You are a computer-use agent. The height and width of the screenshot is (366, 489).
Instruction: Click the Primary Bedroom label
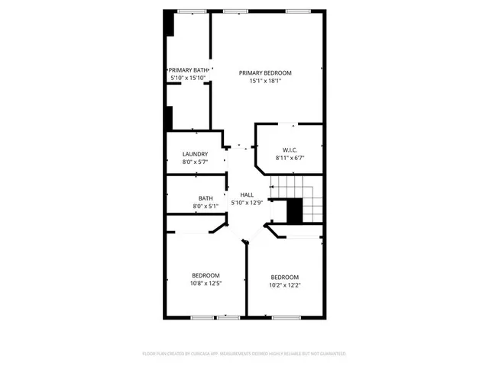[x=265, y=72]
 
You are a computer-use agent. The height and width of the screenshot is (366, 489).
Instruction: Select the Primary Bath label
[x=188, y=70]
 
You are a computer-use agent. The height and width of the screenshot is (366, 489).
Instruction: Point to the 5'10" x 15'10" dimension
[x=188, y=78]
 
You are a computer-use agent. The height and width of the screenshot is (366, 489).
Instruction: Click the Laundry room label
[x=195, y=154]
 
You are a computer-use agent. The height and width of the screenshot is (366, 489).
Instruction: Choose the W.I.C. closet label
[x=290, y=149]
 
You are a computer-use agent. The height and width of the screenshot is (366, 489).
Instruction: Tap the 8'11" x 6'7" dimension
[x=290, y=158]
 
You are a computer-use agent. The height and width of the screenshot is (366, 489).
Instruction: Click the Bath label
[x=195, y=198]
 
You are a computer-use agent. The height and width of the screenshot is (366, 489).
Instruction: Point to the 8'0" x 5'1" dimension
[x=195, y=206]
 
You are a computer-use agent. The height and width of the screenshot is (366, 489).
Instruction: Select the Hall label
[x=247, y=194]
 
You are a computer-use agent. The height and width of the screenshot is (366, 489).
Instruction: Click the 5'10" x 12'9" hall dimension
[x=247, y=202]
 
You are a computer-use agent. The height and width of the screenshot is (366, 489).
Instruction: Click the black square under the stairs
[x=295, y=210]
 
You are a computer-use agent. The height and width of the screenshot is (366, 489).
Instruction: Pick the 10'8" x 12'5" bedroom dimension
[x=206, y=284]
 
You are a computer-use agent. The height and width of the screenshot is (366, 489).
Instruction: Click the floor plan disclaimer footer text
[x=244, y=354]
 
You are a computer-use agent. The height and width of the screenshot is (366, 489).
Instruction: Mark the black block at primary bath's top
[x=170, y=24]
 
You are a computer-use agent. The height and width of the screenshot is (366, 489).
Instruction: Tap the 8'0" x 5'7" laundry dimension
[x=195, y=162]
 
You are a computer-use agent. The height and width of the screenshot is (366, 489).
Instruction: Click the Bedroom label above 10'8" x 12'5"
[x=206, y=275]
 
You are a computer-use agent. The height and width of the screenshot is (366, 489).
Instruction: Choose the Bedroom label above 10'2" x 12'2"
[x=284, y=277]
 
